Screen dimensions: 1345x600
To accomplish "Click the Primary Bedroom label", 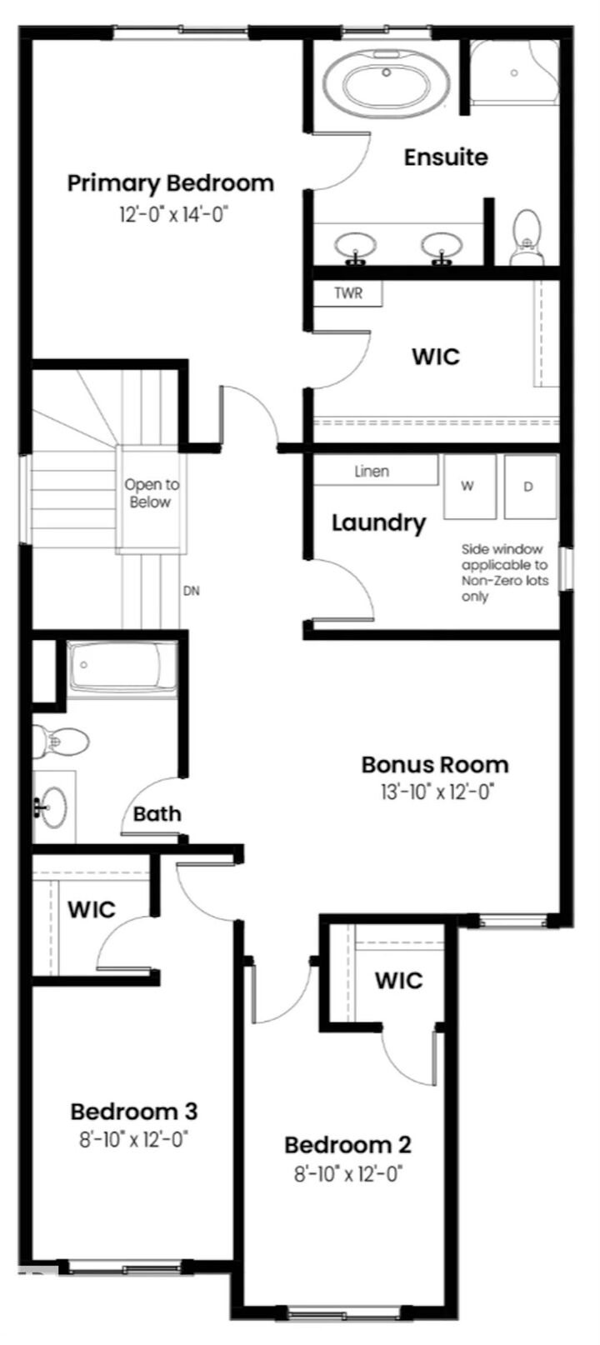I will (170, 183).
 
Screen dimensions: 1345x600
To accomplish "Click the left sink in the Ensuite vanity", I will (355, 246).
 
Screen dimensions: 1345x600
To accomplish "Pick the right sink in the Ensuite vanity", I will (441, 246).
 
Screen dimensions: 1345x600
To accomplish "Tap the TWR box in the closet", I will (347, 293).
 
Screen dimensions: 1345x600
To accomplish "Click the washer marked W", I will (468, 487).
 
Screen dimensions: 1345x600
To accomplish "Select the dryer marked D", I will (528, 487).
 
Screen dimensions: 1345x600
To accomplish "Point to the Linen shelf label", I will (372, 472).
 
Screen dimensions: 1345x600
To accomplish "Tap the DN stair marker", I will (192, 592).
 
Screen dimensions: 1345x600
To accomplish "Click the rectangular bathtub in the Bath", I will (122, 667).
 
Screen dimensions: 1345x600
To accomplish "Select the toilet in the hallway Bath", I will (60, 740).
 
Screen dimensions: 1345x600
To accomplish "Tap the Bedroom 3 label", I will (133, 1111).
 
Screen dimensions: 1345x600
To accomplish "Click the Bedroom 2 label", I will (347, 1145).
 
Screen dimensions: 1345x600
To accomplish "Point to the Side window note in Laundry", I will (504, 572).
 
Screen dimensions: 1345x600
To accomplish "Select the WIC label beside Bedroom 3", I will (92, 909).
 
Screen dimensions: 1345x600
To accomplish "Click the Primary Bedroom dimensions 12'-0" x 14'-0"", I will (172, 214).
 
